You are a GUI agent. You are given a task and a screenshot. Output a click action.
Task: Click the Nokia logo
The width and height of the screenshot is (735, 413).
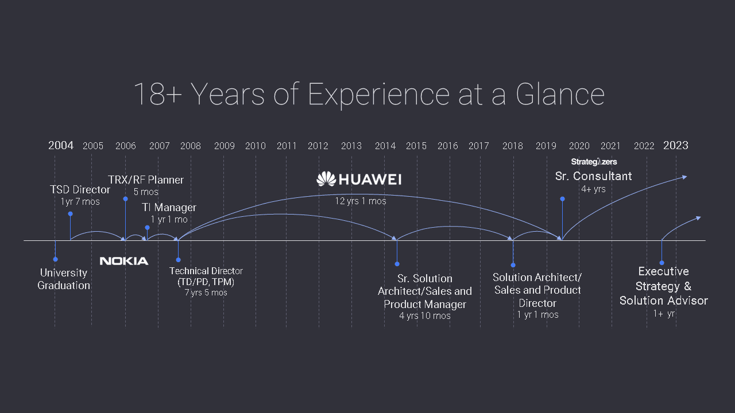coord(124,261)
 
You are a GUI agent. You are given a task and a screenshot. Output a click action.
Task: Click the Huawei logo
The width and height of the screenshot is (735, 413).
coord(359,179)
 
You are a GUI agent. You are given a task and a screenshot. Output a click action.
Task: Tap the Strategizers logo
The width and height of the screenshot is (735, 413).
coord(594,162)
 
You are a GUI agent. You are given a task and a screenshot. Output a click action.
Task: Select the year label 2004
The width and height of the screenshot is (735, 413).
coord(61,145)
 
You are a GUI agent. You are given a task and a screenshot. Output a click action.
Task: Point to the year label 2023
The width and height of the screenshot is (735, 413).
coord(676,145)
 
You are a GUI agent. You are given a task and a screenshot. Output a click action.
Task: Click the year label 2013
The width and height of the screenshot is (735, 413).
coord(351,146)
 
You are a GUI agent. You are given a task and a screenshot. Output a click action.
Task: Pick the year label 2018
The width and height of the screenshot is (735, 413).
coord(513,146)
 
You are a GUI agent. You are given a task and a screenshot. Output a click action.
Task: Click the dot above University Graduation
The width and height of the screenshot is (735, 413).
coord(56,259)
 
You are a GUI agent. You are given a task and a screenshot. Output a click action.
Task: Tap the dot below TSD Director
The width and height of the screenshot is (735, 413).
coord(70,214)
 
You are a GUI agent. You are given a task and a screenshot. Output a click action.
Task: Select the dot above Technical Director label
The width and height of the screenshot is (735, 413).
coord(178,260)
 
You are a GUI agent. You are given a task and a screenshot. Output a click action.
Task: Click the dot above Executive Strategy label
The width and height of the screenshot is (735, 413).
coord(662,263)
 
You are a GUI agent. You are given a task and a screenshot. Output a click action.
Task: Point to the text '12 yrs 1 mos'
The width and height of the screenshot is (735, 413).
coord(360,201)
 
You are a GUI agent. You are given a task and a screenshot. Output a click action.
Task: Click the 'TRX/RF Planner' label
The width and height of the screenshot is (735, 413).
coord(146,180)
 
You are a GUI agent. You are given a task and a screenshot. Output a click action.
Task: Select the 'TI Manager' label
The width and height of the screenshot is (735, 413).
coord(169,207)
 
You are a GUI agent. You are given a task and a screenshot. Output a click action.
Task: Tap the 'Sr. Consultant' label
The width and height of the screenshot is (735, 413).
coord(593,176)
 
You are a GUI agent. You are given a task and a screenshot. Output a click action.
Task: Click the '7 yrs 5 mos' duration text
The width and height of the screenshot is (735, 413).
coord(206,293)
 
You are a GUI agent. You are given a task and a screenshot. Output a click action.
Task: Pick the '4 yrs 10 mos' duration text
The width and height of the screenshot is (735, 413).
coord(424,315)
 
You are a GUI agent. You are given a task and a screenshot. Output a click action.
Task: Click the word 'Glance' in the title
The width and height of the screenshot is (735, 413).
coord(560,94)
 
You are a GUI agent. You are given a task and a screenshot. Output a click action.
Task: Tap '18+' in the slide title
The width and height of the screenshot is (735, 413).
coord(158,94)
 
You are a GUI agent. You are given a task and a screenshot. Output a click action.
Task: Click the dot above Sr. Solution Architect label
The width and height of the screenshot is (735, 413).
coord(397,264)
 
